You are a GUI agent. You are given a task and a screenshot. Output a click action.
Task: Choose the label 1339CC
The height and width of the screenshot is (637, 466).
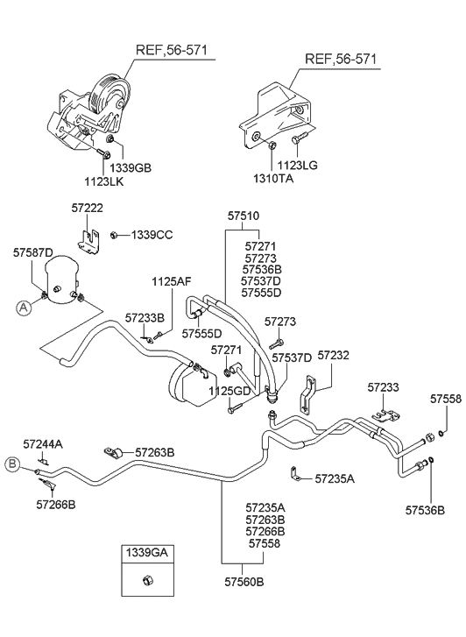(152, 235)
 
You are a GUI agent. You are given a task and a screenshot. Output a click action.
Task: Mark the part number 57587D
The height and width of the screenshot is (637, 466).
(32, 251)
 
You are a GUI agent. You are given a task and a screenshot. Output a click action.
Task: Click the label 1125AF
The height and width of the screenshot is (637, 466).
(171, 282)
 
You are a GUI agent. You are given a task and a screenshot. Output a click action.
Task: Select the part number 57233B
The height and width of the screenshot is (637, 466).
(144, 319)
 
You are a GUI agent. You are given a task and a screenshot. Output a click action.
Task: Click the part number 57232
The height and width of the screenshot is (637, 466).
(333, 356)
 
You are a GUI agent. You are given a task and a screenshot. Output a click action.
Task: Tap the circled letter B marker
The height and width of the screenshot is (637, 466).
(13, 464)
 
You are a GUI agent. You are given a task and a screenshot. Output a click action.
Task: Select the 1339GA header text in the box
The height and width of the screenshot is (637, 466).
(147, 553)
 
